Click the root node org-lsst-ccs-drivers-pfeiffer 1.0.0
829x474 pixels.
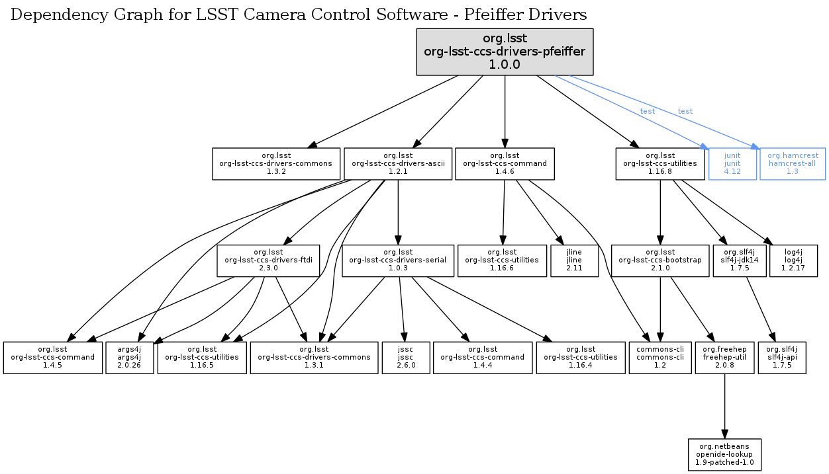(x=505, y=52)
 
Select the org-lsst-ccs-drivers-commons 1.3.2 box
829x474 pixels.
(x=275, y=163)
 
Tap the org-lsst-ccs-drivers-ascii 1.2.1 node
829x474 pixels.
(x=398, y=163)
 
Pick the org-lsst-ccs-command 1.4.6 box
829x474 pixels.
(x=505, y=163)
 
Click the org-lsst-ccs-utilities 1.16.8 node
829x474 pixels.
(x=660, y=163)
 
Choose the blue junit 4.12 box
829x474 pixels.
(x=732, y=163)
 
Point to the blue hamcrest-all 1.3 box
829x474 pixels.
(x=793, y=163)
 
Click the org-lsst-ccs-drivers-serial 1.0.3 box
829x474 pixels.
(x=397, y=260)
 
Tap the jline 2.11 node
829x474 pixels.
(x=574, y=260)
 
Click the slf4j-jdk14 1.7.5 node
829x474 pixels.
(x=739, y=260)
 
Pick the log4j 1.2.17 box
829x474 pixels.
(x=793, y=260)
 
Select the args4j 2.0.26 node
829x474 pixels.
(x=129, y=358)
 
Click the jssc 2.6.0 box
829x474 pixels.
(x=407, y=358)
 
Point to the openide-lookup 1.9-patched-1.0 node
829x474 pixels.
(x=724, y=455)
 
